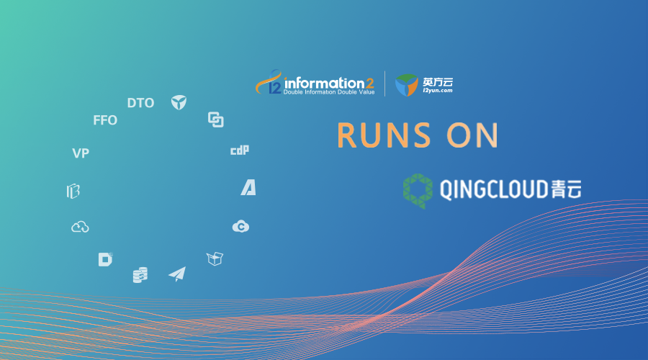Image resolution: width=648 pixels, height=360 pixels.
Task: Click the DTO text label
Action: point(140,102)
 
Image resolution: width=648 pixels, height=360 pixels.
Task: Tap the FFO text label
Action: point(105,120)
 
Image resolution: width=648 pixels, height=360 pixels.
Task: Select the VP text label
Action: point(81,153)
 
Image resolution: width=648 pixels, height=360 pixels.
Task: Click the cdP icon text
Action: point(240,150)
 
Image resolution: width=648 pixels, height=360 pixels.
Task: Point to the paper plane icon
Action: point(177,274)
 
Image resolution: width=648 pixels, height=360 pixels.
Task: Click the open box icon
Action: point(215,258)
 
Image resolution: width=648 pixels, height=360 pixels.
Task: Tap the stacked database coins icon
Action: point(140,275)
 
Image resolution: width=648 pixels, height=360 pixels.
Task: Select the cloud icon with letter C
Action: point(240,227)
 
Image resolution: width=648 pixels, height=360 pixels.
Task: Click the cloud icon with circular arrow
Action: point(80,227)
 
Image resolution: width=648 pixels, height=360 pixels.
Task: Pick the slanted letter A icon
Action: point(248,188)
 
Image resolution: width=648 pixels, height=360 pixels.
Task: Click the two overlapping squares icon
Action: point(216,120)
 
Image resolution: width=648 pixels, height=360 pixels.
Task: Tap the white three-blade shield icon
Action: point(179,102)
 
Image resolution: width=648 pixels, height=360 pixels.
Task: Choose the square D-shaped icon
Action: point(105,259)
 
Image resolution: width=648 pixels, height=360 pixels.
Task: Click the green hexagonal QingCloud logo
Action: point(418,191)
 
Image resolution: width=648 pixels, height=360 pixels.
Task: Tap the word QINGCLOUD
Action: point(494,189)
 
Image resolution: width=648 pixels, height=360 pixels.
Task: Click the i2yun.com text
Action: point(438,91)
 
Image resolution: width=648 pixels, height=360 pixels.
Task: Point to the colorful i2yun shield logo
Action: point(407,85)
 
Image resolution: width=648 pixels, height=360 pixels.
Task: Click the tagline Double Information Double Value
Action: point(329,92)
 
